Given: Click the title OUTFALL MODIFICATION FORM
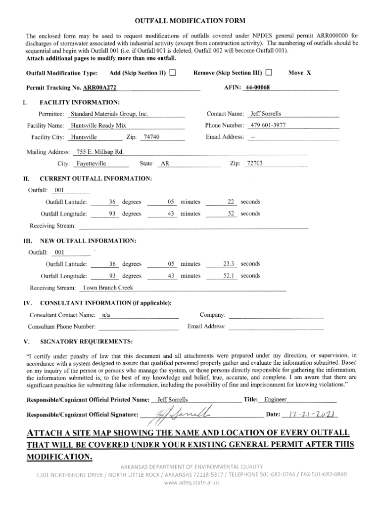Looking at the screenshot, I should coord(190,21).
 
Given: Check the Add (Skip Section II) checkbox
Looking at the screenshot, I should coord(172,73).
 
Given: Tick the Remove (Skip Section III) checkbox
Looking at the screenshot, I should coord(269,73).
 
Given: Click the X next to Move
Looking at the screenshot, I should coord(308,73).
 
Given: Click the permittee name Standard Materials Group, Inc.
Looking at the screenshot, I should coord(109,114).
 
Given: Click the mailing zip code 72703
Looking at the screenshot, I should coord(255,164).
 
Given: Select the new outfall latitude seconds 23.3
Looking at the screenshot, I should coord(228,264).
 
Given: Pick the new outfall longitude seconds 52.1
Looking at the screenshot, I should coord(228,276).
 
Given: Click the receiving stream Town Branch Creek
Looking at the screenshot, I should coord(108,288).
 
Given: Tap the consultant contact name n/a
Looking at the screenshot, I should coord(105,315).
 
